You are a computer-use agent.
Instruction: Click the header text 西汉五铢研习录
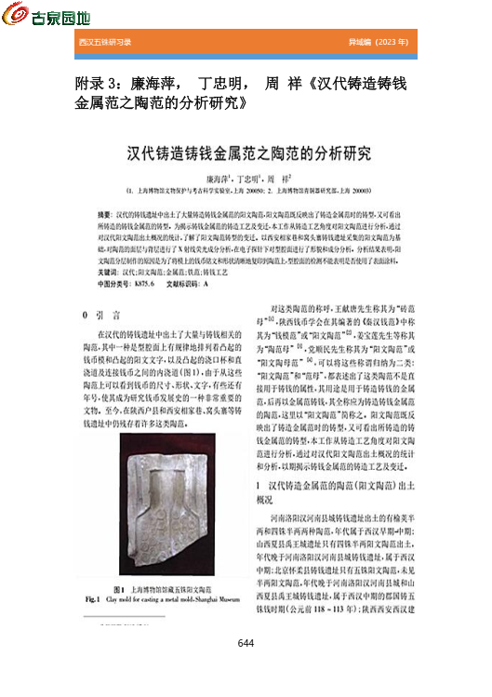(x=104, y=43)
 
